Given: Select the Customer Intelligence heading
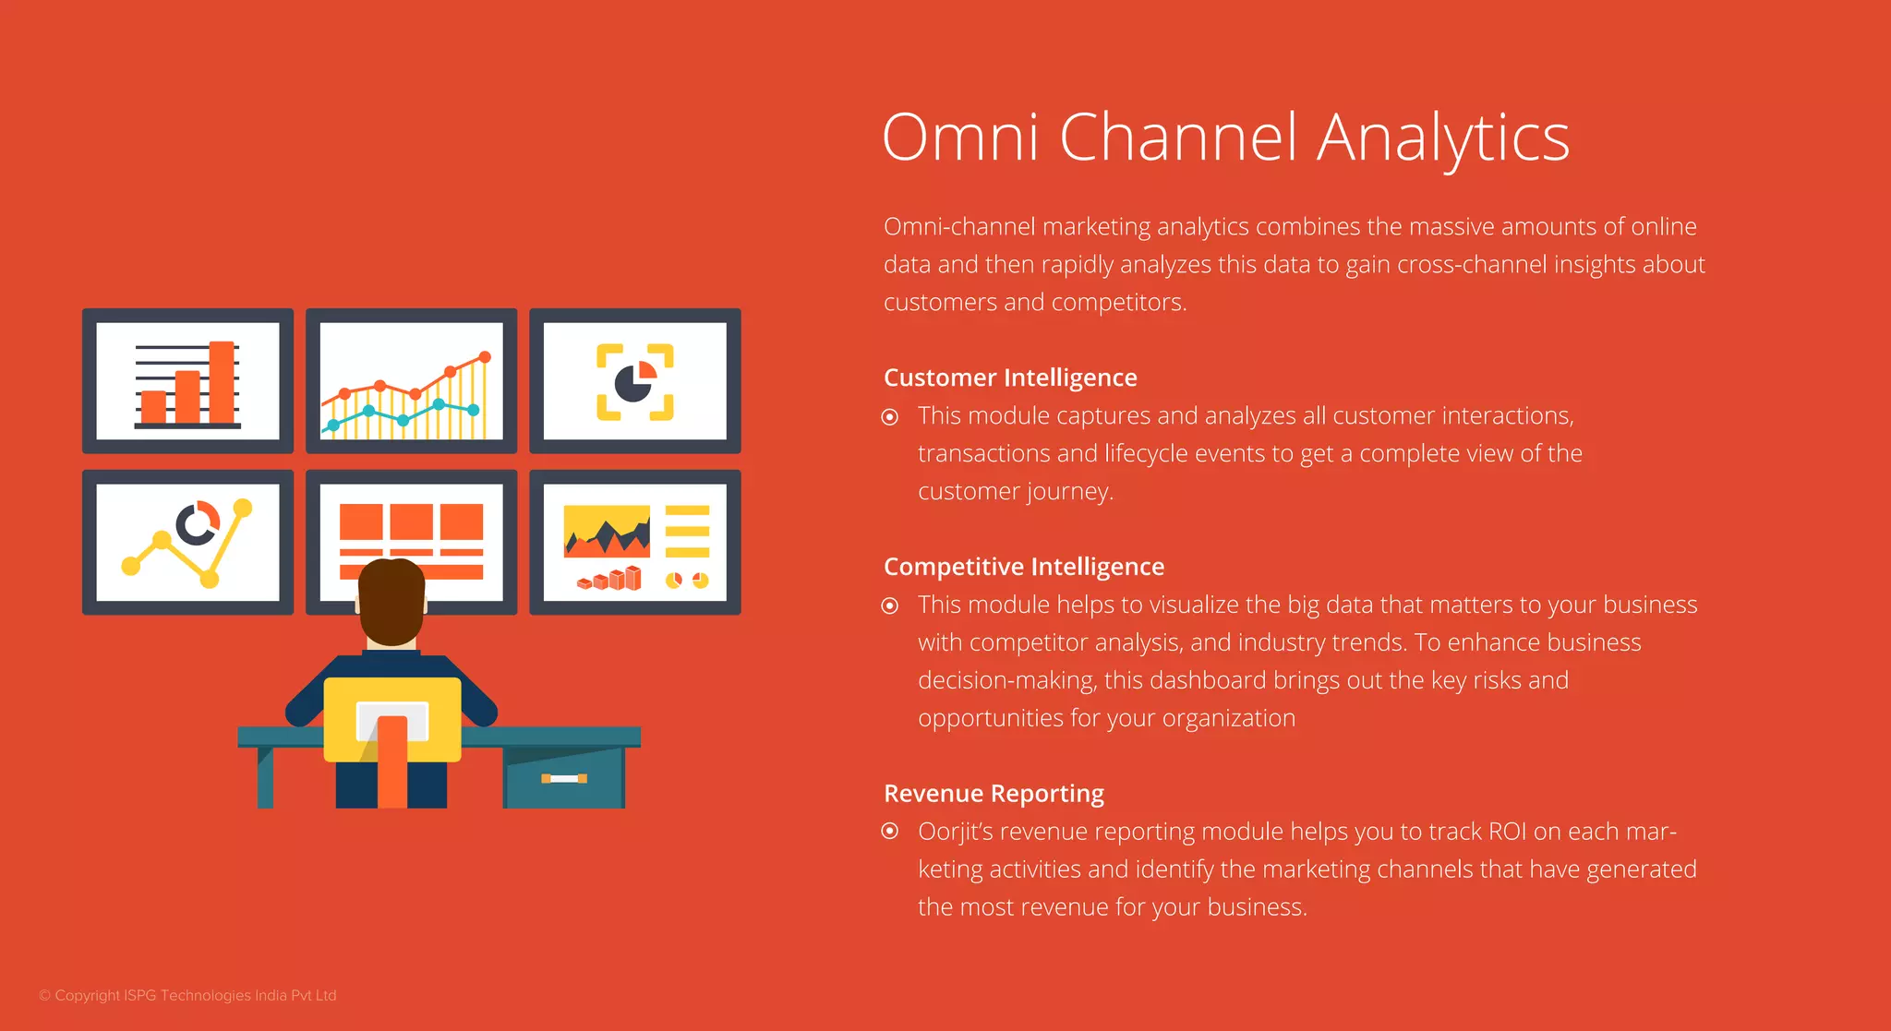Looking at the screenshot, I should [1010, 378].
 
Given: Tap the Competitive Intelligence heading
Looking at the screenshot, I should [1023, 567].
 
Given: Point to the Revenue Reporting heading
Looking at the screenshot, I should [994, 794].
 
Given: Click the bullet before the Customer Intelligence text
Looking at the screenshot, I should [890, 417].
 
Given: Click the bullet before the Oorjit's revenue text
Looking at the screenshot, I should [890, 832].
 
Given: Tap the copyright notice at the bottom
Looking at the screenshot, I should [187, 996].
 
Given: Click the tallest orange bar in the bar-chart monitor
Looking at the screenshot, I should [222, 382].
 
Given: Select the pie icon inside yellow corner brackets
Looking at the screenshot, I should [635, 382].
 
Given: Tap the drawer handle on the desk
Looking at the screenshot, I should [564, 779].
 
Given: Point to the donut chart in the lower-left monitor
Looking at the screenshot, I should [198, 523].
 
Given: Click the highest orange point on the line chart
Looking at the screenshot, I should [485, 357].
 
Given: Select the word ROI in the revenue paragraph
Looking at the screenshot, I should [1507, 832].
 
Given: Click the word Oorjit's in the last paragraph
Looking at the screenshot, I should [955, 832].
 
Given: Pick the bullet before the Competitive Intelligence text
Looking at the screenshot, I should [890, 605].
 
